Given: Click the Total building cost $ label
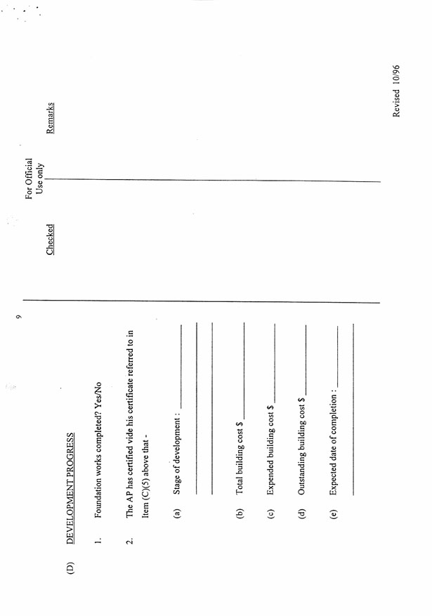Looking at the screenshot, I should pos(240,457).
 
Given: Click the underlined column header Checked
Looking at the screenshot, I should pos(51,240).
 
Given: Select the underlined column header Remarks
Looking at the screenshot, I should pos(51,118).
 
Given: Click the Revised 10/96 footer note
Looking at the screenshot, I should pos(398,91).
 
